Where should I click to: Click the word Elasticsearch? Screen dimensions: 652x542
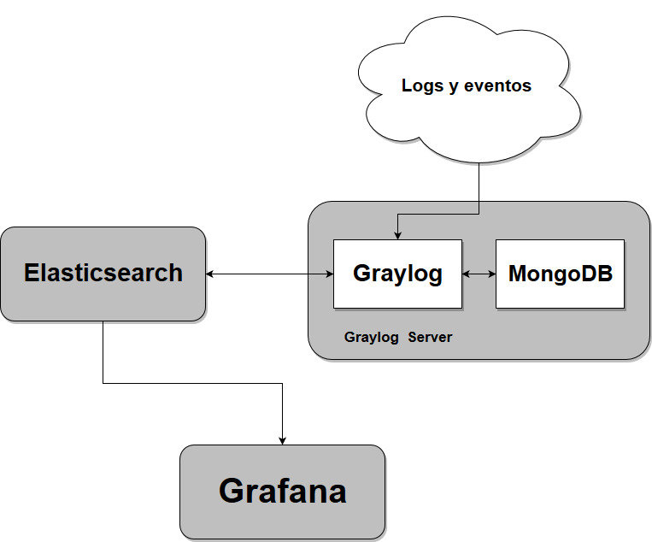point(103,273)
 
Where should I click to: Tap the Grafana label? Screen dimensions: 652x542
point(283,492)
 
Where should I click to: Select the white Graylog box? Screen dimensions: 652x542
point(397,274)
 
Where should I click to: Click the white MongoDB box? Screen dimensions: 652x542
point(560,274)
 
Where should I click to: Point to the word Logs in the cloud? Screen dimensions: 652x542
point(422,86)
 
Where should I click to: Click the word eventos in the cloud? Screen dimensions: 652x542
point(497,85)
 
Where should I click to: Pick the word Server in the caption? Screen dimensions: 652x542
point(430,337)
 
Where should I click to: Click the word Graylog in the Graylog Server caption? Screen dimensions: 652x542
point(372,338)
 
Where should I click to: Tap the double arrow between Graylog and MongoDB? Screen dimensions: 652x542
point(479,274)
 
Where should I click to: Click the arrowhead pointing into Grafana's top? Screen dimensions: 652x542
point(282,441)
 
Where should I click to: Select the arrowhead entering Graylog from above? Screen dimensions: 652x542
point(397,236)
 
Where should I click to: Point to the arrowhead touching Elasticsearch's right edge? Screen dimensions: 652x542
point(209,274)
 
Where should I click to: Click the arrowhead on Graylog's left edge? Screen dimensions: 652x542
point(330,274)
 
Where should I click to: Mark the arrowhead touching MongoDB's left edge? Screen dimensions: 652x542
point(492,274)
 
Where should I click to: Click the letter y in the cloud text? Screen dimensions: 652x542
point(454,87)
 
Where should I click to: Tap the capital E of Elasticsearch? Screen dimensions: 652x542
point(32,273)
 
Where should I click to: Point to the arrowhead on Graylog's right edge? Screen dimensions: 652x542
point(466,274)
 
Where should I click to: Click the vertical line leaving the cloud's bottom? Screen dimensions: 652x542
point(479,188)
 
